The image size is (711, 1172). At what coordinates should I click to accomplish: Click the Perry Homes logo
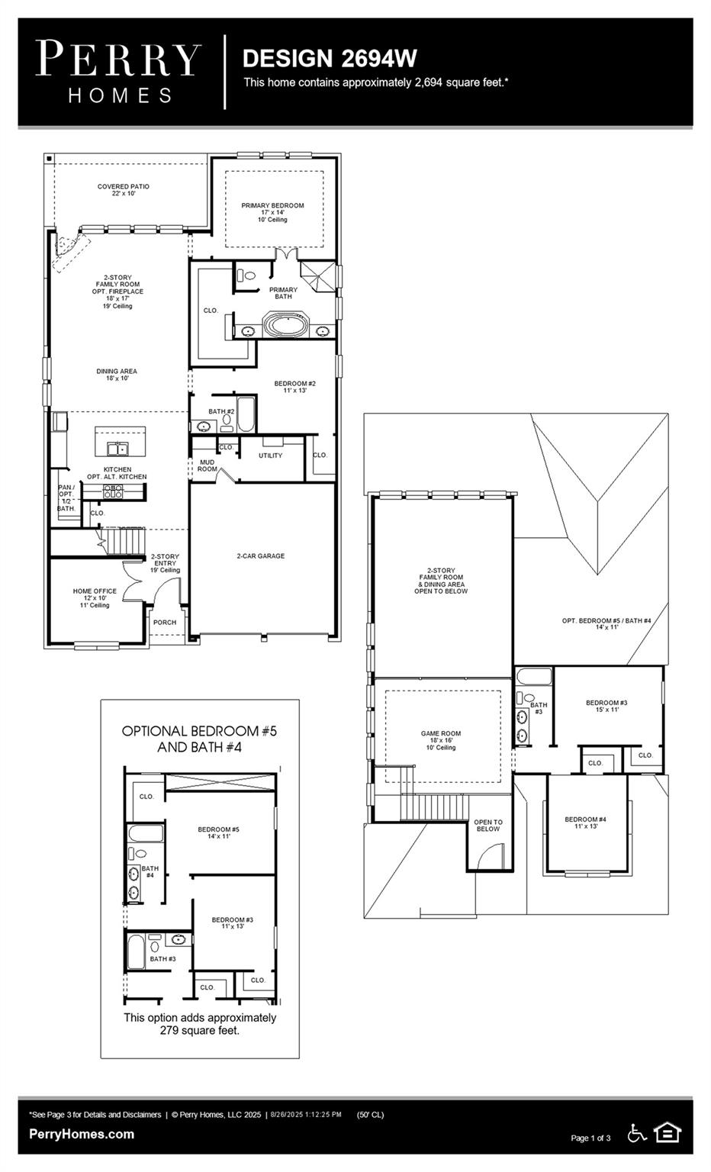pyautogui.click(x=119, y=72)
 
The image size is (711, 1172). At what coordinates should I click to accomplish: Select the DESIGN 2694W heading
pyautogui.click(x=330, y=58)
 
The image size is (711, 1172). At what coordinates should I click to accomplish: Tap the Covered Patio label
pyautogui.click(x=124, y=190)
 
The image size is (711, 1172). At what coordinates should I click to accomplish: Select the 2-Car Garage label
pyautogui.click(x=260, y=556)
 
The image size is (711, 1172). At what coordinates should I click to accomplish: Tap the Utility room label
pyautogui.click(x=270, y=456)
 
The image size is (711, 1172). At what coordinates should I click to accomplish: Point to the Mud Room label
pyautogui.click(x=207, y=465)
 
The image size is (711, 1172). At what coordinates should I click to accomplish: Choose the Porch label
pyautogui.click(x=164, y=623)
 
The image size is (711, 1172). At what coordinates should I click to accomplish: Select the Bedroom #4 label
pyautogui.click(x=585, y=823)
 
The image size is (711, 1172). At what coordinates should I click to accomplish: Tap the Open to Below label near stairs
pyautogui.click(x=488, y=826)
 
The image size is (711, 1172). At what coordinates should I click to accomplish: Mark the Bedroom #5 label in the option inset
pyautogui.click(x=218, y=832)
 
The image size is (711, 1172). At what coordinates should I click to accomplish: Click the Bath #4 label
pyautogui.click(x=150, y=871)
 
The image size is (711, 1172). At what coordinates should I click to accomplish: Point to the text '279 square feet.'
pyautogui.click(x=200, y=1031)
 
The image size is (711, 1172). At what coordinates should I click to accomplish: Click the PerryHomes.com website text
pyautogui.click(x=82, y=1134)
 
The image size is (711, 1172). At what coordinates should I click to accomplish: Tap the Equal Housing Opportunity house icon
pyautogui.click(x=668, y=1132)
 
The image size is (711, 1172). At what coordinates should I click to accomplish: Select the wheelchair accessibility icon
pyautogui.click(x=636, y=1133)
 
